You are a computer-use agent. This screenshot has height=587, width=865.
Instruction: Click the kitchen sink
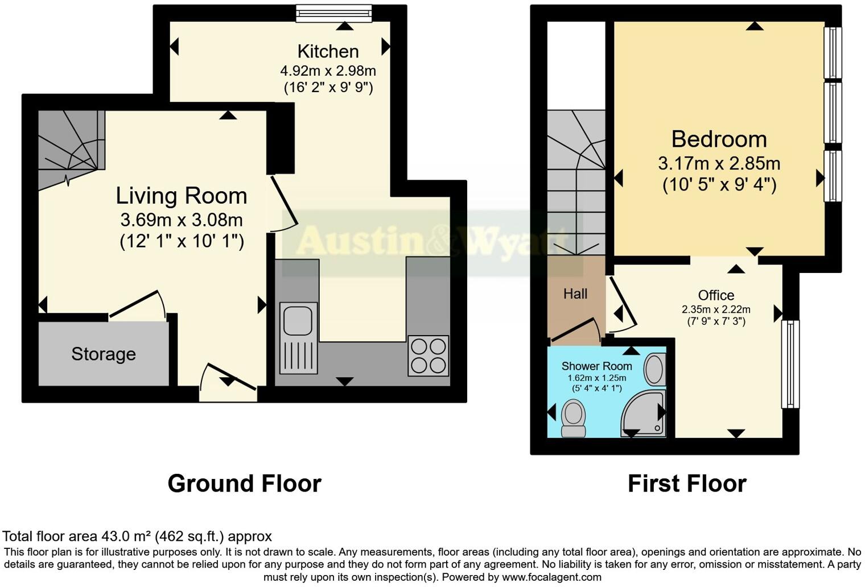(298, 338)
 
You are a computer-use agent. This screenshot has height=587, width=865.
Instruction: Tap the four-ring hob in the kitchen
(428, 355)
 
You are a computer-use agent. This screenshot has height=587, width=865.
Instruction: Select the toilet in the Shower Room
(573, 418)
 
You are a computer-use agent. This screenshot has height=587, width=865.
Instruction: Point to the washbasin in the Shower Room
(654, 369)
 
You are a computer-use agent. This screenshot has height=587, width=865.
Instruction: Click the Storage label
(104, 354)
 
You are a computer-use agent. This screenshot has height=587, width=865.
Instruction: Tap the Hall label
(575, 294)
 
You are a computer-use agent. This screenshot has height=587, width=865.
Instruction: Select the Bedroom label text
(719, 139)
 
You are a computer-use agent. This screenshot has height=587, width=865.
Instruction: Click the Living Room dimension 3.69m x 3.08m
(182, 220)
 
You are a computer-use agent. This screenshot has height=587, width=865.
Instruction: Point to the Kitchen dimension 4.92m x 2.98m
(328, 71)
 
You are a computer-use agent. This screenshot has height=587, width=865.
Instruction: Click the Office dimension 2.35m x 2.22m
(716, 310)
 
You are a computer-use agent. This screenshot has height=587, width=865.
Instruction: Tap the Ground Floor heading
(244, 483)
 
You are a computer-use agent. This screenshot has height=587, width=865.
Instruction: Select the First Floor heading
(687, 483)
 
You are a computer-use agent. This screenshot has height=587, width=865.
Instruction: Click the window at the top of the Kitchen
(333, 13)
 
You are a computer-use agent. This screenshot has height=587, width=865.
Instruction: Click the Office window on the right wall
(790, 364)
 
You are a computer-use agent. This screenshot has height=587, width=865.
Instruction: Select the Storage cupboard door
(137, 304)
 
